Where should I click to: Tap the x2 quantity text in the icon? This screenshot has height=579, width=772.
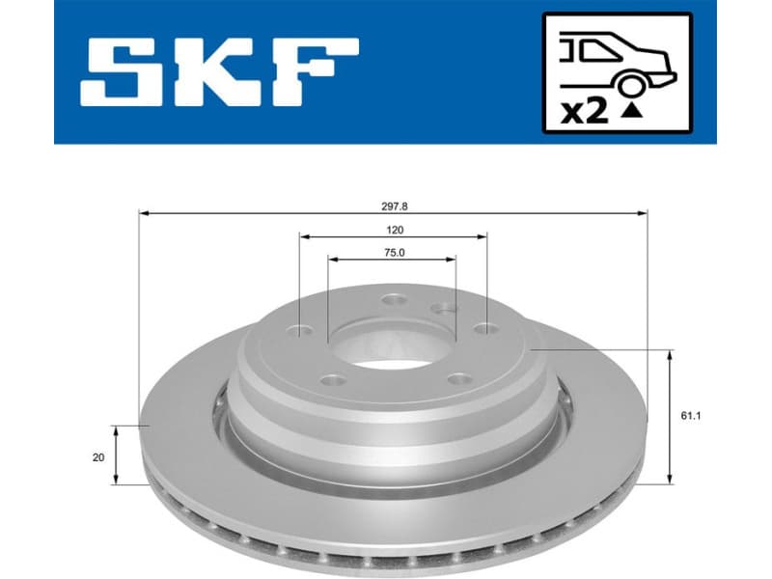[x=585, y=111]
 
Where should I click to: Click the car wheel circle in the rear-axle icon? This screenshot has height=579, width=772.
[x=631, y=84]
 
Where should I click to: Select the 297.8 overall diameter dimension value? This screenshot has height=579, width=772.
[x=394, y=207]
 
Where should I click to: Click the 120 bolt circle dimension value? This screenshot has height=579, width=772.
[x=394, y=231]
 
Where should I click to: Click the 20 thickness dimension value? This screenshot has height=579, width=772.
[x=97, y=457]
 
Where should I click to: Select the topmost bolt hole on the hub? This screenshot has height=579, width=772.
[x=394, y=300]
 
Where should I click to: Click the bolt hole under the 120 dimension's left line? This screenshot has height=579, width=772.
[x=301, y=332]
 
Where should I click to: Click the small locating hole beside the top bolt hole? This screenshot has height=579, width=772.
[x=441, y=310]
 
